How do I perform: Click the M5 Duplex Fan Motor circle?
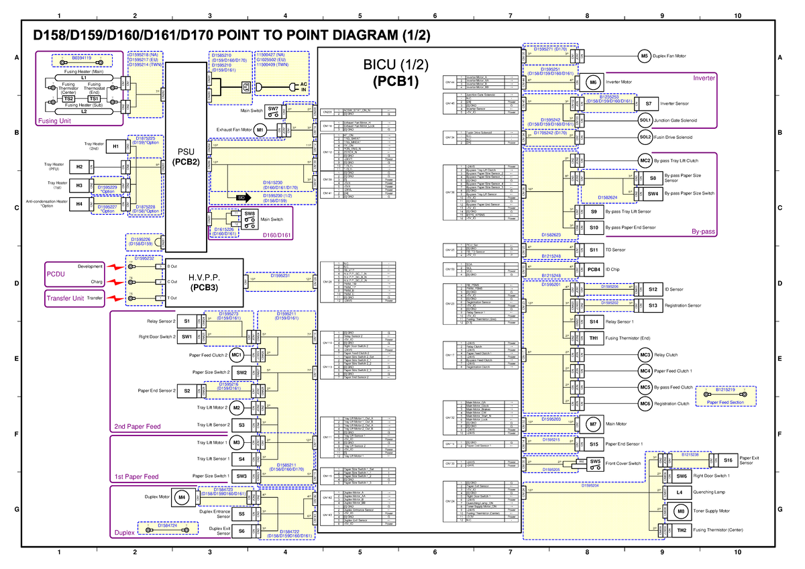tap(644, 56)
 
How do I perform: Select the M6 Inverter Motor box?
tap(593, 82)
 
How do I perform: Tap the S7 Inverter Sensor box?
tap(648, 104)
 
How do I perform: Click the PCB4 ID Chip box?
tap(593, 270)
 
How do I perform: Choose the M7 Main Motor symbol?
tap(593, 424)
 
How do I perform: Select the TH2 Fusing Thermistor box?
tap(680, 531)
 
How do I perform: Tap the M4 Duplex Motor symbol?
tap(182, 498)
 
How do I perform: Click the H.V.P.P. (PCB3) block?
tap(199, 282)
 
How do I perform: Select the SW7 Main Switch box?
tap(273, 109)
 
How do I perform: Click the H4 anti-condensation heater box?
tap(79, 203)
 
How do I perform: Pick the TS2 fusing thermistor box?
tap(68, 99)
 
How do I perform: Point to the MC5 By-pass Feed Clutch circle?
tap(645, 387)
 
